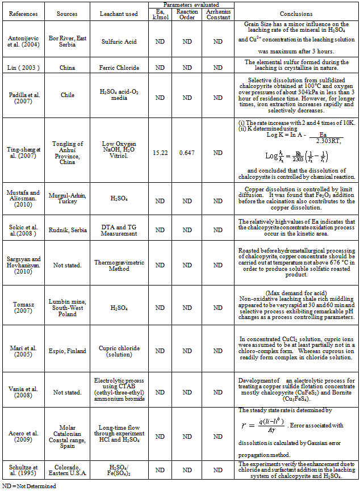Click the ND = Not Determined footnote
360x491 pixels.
29,486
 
